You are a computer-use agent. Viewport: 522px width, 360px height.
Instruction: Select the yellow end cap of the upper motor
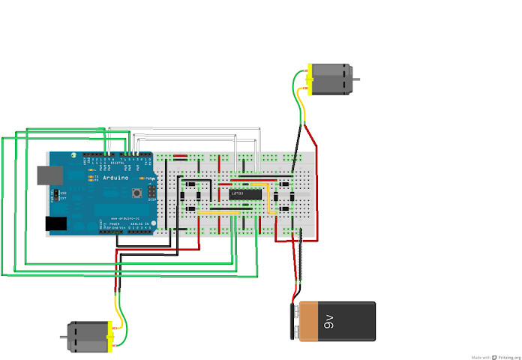point(308,79)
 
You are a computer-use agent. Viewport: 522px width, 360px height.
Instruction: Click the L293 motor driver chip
point(244,194)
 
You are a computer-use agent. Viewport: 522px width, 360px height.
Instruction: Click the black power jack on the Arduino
point(58,223)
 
